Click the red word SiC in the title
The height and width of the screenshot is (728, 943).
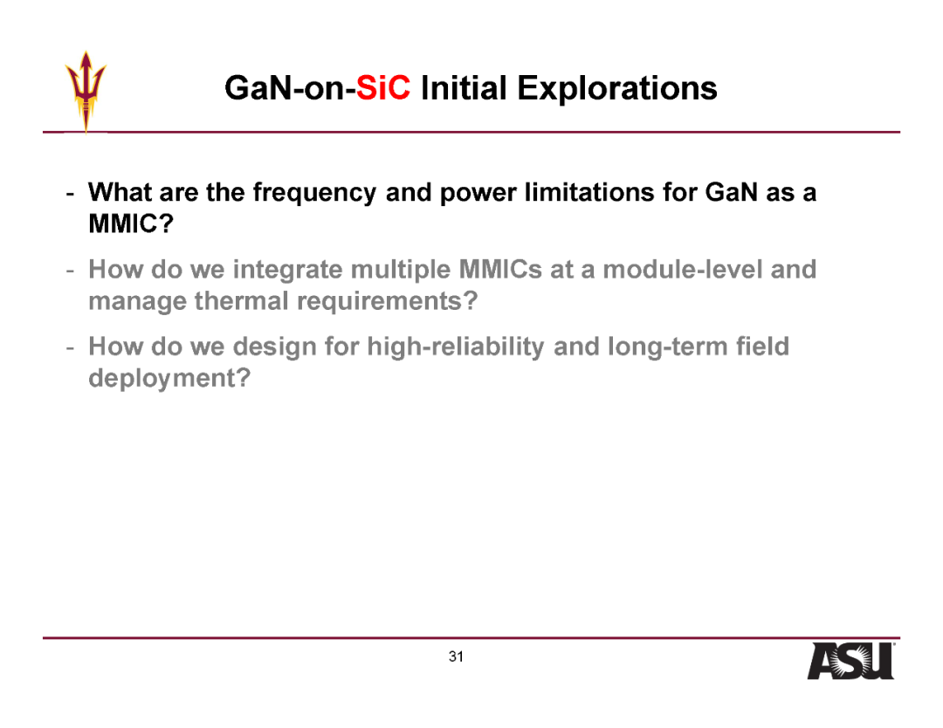[383, 88]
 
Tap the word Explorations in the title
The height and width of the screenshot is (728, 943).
[617, 88]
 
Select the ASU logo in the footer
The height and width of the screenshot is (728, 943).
[850, 661]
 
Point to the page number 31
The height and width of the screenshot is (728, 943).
[456, 656]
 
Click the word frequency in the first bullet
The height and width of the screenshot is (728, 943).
[314, 193]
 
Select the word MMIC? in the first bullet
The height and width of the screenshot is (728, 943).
[131, 223]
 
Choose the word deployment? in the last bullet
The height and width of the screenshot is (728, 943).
[169, 379]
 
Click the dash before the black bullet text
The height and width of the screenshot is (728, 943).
[71, 194]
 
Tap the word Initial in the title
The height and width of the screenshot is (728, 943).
[464, 88]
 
